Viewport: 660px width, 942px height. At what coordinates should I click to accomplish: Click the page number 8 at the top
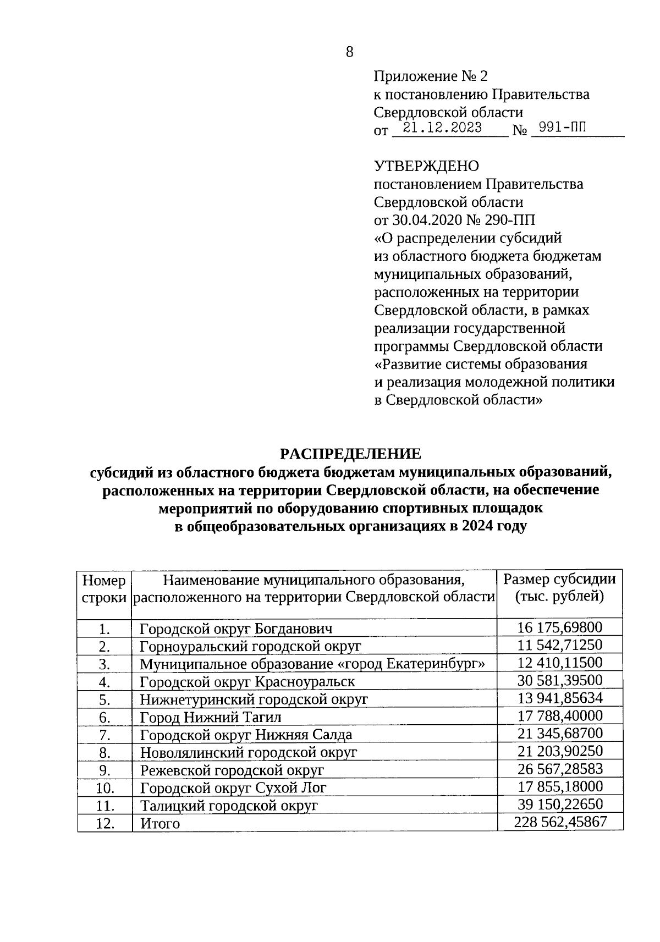[349, 52]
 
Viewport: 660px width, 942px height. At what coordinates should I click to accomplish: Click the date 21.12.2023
[442, 128]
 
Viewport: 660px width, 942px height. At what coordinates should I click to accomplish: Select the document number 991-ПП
[562, 128]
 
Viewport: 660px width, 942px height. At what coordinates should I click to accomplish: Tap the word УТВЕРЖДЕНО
[426, 166]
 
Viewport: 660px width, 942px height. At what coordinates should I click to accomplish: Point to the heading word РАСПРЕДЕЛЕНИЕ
[350, 454]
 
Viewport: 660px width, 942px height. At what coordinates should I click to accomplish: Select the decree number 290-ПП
[509, 220]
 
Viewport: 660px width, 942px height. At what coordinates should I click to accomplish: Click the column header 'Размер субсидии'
[559, 579]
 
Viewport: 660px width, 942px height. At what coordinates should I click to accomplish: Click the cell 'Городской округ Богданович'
[236, 629]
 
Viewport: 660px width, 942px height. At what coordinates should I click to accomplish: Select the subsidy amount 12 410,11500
[560, 663]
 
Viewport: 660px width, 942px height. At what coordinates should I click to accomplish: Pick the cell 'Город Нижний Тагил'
[211, 717]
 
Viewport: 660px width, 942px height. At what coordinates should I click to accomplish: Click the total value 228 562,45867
[560, 822]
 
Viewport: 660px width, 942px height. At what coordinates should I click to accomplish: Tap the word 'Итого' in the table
[160, 823]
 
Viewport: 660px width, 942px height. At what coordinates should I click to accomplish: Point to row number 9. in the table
[105, 770]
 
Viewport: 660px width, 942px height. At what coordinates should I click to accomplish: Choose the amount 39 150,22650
[560, 804]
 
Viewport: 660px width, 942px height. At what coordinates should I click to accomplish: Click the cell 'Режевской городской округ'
[232, 770]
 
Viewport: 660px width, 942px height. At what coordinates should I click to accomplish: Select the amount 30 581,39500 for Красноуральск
[560, 680]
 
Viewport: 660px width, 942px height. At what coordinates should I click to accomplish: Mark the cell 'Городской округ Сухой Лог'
[233, 788]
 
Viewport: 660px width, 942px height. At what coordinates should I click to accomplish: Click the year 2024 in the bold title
[477, 526]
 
